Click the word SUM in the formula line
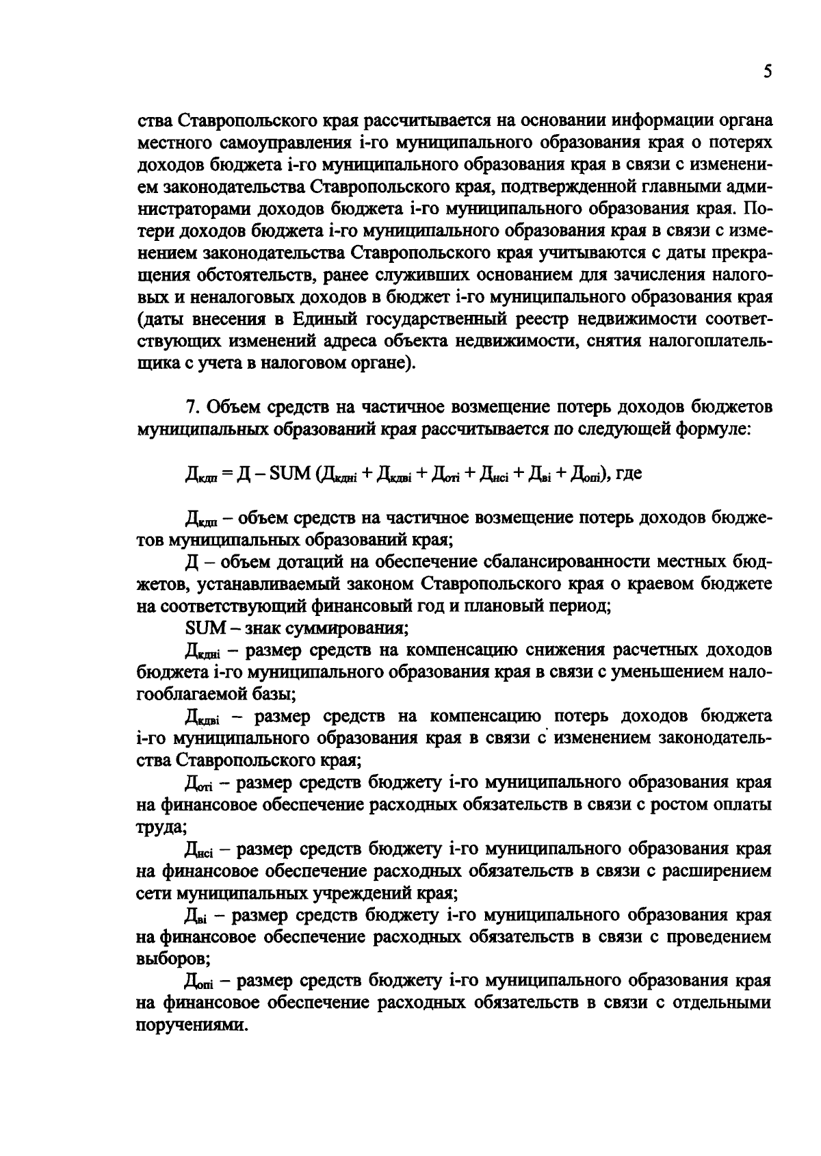[x=291, y=474]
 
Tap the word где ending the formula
[x=628, y=474]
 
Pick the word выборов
[x=170, y=960]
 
